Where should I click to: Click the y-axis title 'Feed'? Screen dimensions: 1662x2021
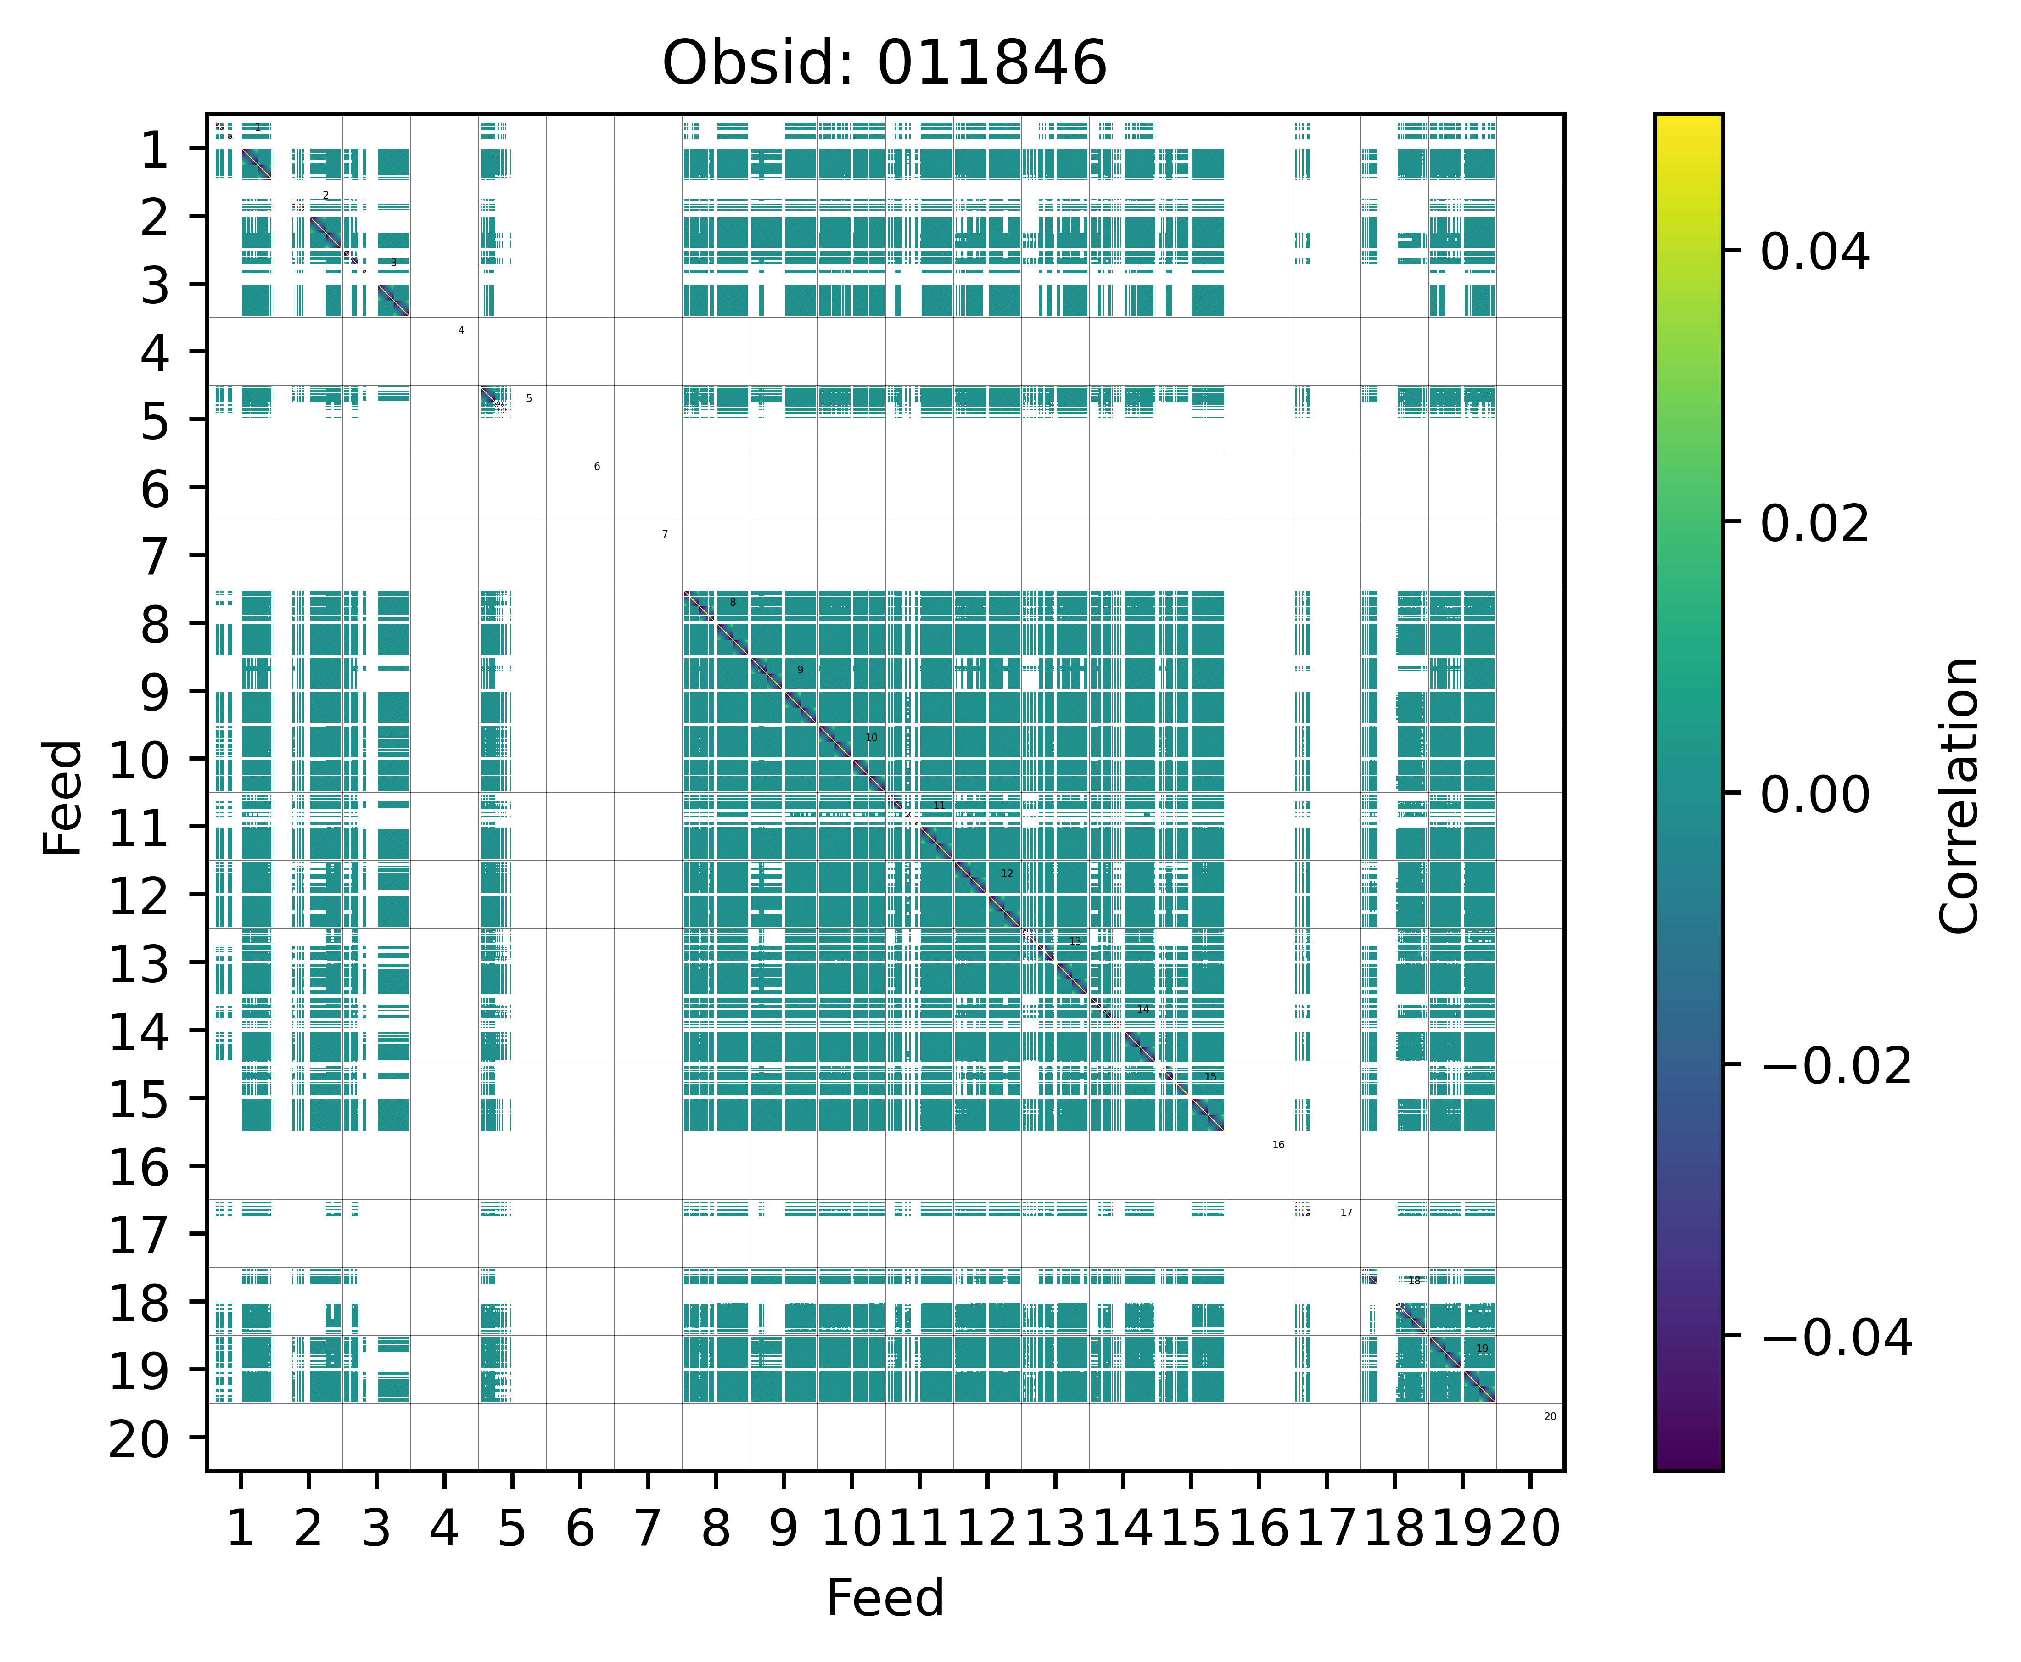pyautogui.click(x=63, y=796)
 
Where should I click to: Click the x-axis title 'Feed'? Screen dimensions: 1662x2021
pyautogui.click(x=885, y=1598)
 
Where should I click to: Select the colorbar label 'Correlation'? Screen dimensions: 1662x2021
pyautogui.click(x=1959, y=795)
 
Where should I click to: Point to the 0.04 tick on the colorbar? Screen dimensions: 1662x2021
pyautogui.click(x=1814, y=253)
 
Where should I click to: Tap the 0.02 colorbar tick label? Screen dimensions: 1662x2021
pyautogui.click(x=1814, y=524)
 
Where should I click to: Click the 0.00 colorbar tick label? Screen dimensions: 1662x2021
pyautogui.click(x=1814, y=795)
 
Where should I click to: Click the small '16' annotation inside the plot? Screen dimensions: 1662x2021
pyautogui.click(x=1278, y=1145)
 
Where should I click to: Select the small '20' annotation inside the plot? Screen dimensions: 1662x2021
pyautogui.click(x=1550, y=1417)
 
